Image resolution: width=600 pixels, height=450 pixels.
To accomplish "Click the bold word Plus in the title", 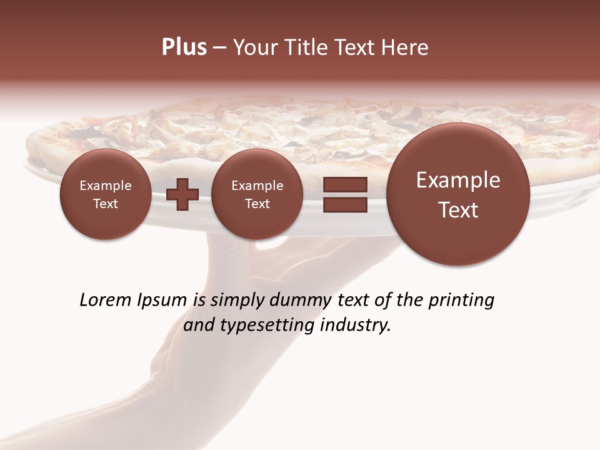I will pos(184,47).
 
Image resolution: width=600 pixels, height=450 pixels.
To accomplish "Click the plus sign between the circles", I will pos(182,194).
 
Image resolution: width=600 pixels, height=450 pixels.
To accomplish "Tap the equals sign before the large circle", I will pos(345,194).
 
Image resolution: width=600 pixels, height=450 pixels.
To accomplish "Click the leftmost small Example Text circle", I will pos(105,194).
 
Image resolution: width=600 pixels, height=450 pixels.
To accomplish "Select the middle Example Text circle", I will pos(257,194).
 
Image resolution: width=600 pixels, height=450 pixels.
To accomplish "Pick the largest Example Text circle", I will pos(458,194).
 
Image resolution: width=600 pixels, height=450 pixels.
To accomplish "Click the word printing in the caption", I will pos(461,300).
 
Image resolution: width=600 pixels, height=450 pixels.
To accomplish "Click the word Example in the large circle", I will pos(458,180).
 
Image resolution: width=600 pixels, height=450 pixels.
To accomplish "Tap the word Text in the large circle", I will pos(458,210).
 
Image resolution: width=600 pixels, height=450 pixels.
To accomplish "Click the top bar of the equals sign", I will pos(345,184).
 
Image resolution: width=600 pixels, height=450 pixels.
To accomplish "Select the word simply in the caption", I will pos(237,300).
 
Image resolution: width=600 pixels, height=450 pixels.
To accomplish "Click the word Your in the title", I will pos(252,47).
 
